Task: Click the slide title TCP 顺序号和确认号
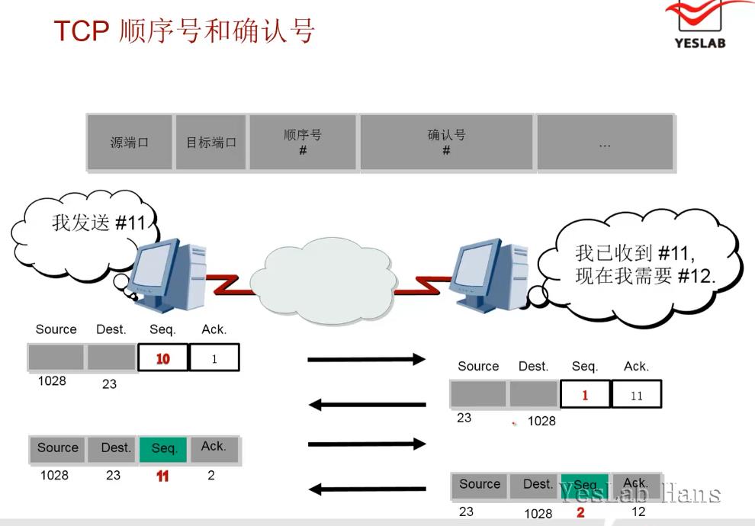tap(184, 31)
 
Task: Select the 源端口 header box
tap(129, 142)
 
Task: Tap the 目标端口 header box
tap(211, 142)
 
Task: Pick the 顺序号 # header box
tap(303, 142)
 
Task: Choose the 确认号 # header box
tap(447, 142)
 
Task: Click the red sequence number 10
tap(162, 358)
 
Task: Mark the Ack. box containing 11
tap(637, 395)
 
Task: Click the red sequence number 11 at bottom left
tap(162, 476)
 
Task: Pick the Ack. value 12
tap(638, 512)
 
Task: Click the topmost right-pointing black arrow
tap(366, 358)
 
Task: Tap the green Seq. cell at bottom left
tap(164, 448)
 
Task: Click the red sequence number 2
tap(581, 512)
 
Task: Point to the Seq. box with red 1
tap(585, 395)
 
